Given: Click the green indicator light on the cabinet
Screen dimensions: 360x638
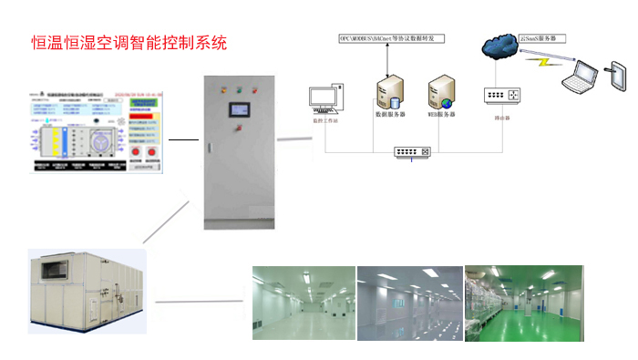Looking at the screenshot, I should [x=240, y=89].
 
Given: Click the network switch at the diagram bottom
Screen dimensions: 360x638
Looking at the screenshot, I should [x=413, y=151].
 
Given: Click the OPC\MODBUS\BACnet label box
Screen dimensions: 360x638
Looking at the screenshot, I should [x=391, y=39].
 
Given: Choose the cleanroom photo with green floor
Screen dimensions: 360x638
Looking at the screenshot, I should [x=523, y=303].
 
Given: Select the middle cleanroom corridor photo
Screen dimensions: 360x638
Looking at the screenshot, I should [x=409, y=303].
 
